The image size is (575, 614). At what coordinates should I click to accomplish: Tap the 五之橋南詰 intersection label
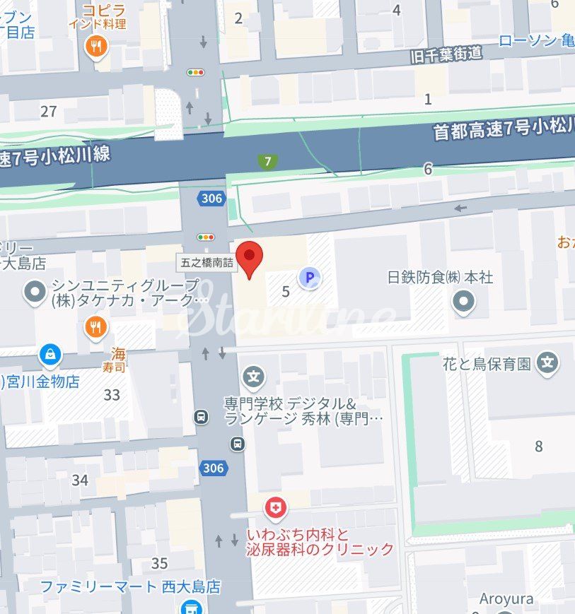click(206, 262)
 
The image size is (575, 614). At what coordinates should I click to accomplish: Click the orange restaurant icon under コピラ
click(95, 47)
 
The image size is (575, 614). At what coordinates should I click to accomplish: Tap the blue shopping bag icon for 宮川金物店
click(50, 354)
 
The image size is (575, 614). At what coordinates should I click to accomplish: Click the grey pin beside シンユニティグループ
click(34, 292)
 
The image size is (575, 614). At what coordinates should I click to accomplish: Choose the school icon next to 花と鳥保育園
click(547, 364)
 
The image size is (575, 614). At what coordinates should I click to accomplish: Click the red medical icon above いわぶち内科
click(276, 507)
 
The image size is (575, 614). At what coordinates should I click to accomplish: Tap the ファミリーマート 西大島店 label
click(130, 587)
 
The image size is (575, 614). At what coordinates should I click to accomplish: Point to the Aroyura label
click(506, 599)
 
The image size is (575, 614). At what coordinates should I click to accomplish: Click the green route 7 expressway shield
click(267, 161)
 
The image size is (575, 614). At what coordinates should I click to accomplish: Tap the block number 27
click(48, 111)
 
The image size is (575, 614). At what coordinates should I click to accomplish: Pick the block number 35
click(159, 563)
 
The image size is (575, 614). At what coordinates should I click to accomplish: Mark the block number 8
click(539, 446)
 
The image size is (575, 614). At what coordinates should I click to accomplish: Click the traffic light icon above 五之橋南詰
click(206, 237)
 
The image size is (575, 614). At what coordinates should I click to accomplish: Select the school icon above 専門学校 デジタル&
click(253, 377)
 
